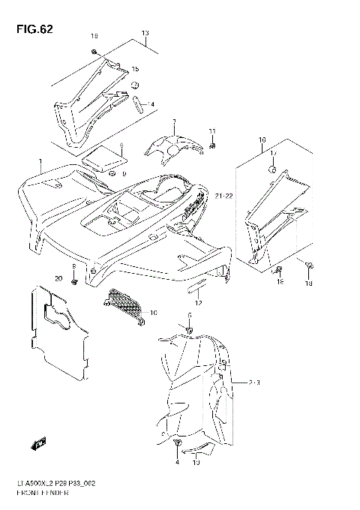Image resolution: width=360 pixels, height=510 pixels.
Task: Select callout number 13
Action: tap(145, 33)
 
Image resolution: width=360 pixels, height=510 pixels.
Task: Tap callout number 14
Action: tap(151, 103)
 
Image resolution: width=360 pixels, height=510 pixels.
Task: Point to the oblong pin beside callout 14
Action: tap(138, 102)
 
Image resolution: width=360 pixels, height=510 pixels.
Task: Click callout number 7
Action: tap(173, 121)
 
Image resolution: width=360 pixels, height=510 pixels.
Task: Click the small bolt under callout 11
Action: tap(212, 144)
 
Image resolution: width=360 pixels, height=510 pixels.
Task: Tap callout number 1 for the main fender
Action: tap(40, 163)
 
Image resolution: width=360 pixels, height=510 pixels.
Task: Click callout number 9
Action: tap(124, 173)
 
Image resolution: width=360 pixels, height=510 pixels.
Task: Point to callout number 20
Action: tap(58, 279)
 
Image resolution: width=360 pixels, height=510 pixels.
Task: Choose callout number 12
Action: tap(198, 301)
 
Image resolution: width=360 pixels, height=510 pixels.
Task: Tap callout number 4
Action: tap(177, 463)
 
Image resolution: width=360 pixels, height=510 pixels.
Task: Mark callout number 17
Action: tap(273, 153)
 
